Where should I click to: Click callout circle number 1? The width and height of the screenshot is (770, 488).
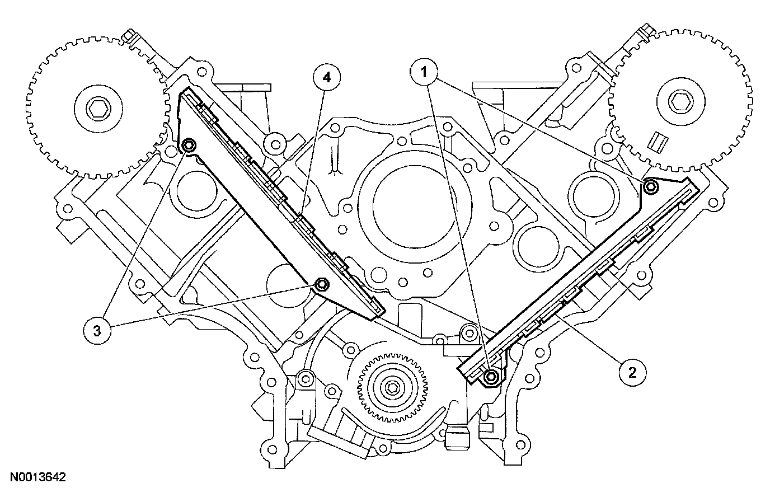click(x=424, y=72)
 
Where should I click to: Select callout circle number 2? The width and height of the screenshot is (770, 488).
click(x=632, y=372)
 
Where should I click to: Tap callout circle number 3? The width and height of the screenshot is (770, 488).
click(x=96, y=331)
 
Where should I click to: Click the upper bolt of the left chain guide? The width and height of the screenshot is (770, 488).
click(x=189, y=146)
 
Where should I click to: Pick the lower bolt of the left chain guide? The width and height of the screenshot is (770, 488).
click(x=322, y=285)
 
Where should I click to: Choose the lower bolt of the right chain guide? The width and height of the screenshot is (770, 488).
click(x=491, y=377)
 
